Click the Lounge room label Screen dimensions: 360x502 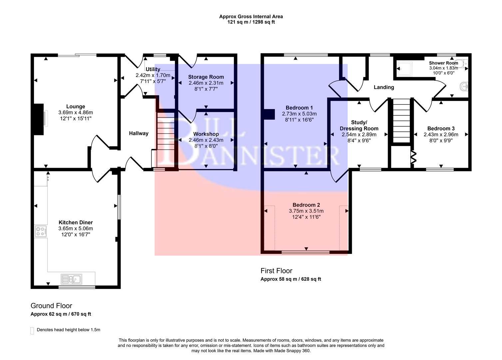click(x=76, y=107)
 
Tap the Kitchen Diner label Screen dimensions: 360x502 click(x=76, y=223)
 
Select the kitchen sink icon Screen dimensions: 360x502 click(x=71, y=278)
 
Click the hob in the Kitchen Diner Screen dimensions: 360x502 click(x=41, y=231)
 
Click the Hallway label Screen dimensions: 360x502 click(x=139, y=133)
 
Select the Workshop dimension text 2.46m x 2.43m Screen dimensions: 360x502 click(x=206, y=140)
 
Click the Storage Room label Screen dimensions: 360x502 click(x=206, y=77)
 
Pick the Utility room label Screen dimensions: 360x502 click(x=153, y=69)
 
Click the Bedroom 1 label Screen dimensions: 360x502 click(x=299, y=108)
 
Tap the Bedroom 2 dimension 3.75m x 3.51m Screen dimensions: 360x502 click(x=306, y=211)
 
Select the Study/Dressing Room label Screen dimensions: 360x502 click(x=359, y=125)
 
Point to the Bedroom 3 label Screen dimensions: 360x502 click(x=441, y=129)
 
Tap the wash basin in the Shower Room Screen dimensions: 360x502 click(x=464, y=87)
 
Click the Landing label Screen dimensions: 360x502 click(x=384, y=87)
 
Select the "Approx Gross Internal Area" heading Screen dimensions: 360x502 click(x=251, y=16)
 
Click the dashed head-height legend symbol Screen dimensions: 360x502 click(x=32, y=330)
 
